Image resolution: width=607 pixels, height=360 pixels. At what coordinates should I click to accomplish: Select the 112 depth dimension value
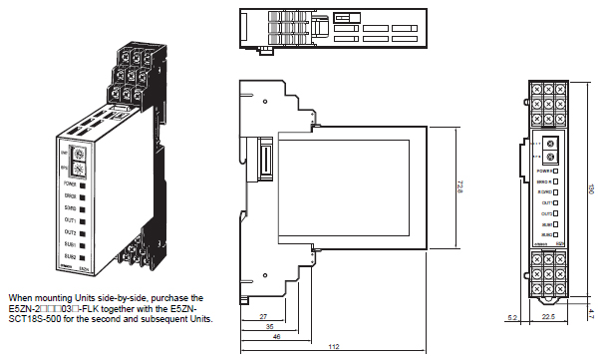coord(333,345)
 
